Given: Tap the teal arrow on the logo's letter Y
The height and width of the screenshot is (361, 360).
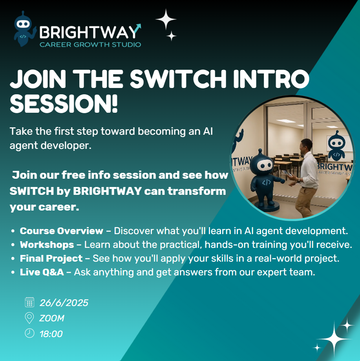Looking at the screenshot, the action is point(137,28).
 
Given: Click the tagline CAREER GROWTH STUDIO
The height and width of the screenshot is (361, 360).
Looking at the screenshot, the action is point(90,44).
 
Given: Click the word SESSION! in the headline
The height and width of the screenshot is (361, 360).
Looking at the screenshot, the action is point(64,104).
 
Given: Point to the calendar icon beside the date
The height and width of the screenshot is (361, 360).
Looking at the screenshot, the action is point(29,302).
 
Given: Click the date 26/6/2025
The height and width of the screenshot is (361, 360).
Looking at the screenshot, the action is point(64,303).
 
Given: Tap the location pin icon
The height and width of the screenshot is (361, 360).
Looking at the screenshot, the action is point(29,318).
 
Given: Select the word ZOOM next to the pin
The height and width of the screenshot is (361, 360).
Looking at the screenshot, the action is point(52,318).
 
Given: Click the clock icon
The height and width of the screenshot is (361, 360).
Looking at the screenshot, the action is point(29,333).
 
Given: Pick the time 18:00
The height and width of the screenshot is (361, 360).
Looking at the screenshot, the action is point(51,334).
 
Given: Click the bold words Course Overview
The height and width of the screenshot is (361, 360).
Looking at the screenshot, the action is point(61,231).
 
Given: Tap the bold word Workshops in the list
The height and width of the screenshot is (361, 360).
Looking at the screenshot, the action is point(47,245).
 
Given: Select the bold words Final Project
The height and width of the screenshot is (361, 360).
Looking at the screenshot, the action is point(51,258).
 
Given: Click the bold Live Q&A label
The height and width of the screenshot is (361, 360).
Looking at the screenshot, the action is point(42,272).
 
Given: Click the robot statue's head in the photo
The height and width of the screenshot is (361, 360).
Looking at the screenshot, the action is point(262,164).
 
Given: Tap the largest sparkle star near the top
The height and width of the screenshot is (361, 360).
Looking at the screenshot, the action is point(166,20).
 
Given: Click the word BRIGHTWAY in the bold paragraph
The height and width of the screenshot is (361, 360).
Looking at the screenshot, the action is point(108,191).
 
